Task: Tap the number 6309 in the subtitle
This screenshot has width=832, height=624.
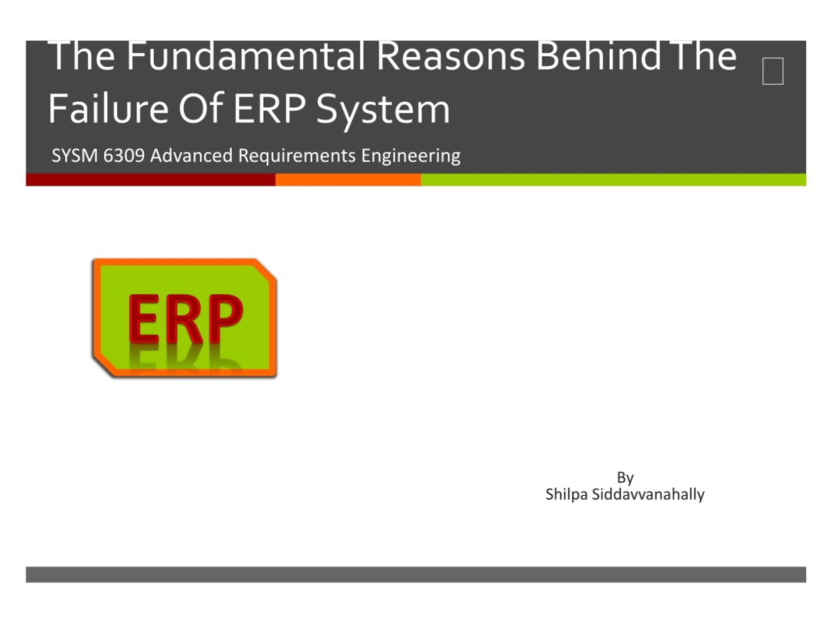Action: [x=124, y=155]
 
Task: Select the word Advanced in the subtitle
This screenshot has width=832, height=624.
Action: [x=191, y=155]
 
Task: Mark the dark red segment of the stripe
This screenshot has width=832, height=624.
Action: [x=151, y=180]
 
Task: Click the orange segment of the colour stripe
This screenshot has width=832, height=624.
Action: [x=348, y=180]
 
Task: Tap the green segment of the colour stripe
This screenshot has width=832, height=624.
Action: [x=614, y=180]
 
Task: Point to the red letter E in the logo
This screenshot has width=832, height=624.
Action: [x=143, y=319]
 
